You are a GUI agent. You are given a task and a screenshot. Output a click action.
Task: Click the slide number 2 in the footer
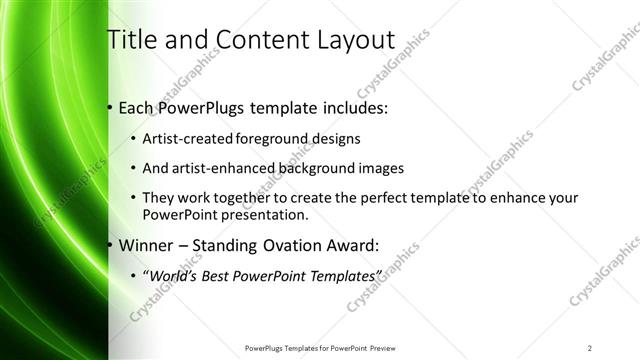[x=590, y=348]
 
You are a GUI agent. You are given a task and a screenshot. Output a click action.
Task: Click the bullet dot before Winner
[x=110, y=245]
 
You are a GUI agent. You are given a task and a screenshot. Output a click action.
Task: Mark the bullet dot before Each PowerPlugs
[x=110, y=107]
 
